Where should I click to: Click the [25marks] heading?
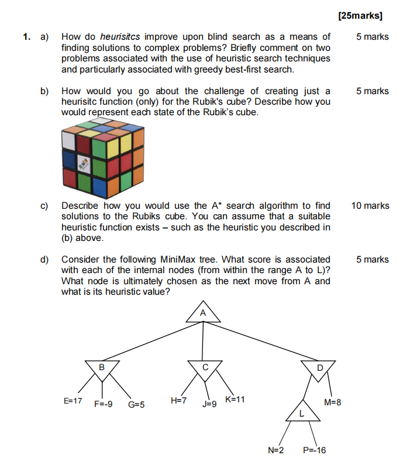tap(364, 16)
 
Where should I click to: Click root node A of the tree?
tap(203, 314)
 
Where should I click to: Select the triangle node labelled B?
tap(102, 368)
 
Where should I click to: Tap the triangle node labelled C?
tap(205, 368)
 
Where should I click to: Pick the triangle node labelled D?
tap(319, 368)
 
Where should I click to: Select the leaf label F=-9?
tap(104, 404)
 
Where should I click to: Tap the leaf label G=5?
tap(136, 404)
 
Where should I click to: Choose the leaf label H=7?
tap(178, 401)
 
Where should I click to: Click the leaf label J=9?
tap(210, 404)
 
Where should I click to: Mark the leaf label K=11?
tap(235, 399)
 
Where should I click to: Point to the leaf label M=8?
tap(332, 402)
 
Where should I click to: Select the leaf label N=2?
tap(276, 450)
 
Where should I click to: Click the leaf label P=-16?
tap(315, 450)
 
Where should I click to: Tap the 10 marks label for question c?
tap(370, 206)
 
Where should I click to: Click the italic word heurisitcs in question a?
tap(122, 37)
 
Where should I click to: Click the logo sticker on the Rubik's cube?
tap(84, 164)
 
